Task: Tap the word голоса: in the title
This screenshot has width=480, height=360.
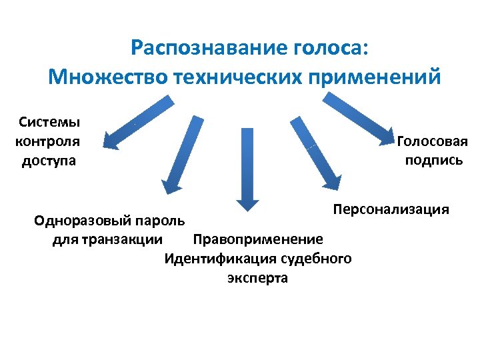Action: click(330, 49)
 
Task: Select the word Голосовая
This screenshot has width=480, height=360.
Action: click(433, 141)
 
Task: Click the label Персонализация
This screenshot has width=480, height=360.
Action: click(391, 209)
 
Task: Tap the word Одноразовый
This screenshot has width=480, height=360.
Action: click(81, 220)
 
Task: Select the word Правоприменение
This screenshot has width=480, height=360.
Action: click(257, 239)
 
